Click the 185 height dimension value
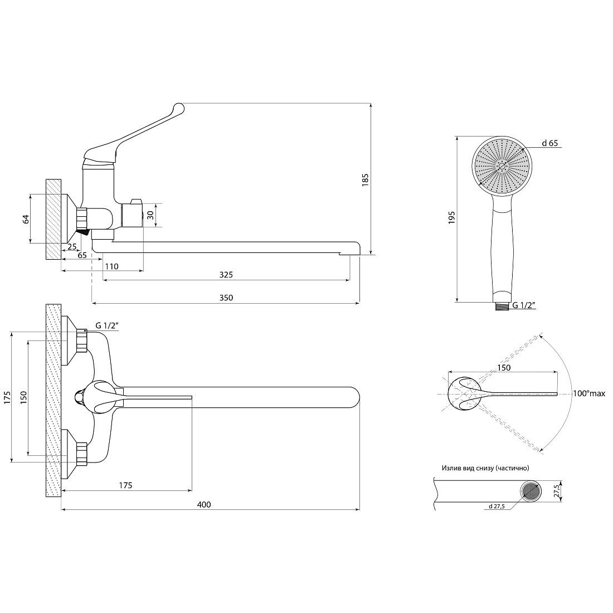pyautogui.click(x=365, y=179)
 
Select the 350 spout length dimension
pyautogui.click(x=226, y=298)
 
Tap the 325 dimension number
pyautogui.click(x=226, y=275)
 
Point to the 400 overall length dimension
pyautogui.click(x=204, y=505)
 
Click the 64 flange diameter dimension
pyautogui.click(x=26, y=219)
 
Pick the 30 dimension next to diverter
pyautogui.click(x=150, y=215)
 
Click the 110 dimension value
pyautogui.click(x=112, y=266)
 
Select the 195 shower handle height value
pyautogui.click(x=452, y=217)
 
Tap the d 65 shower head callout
pyautogui.click(x=549, y=143)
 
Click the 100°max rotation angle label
pyautogui.click(x=589, y=393)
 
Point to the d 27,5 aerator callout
pyautogui.click(x=497, y=506)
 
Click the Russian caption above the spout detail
pyautogui.click(x=485, y=468)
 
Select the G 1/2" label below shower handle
pyautogui.click(x=524, y=305)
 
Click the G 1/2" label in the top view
pyautogui.click(x=107, y=325)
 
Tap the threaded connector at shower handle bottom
pyautogui.click(x=502, y=306)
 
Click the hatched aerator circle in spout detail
pyautogui.click(x=531, y=492)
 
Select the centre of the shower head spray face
pyautogui.click(x=502, y=166)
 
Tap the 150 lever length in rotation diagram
pyautogui.click(x=504, y=368)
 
